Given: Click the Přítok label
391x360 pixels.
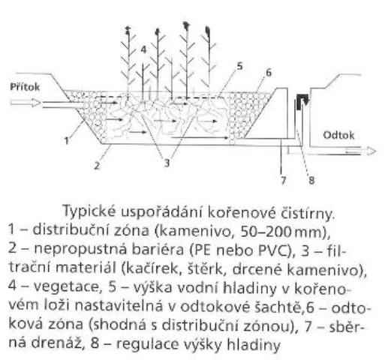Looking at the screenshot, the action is coord(25,87).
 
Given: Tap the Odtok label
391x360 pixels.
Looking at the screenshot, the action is coord(338,135).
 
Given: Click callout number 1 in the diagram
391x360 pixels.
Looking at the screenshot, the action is coord(66,140).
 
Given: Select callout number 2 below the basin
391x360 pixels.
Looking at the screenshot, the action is coord(97,165).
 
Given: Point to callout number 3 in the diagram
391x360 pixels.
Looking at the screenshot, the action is coord(167,163).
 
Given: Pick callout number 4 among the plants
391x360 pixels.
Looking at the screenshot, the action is coord(143,49).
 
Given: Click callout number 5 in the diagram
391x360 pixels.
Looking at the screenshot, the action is coord(239,67).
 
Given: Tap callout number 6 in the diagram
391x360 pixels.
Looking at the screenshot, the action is coord(269,73).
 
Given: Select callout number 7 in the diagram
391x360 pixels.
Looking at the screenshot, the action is coord(284,180).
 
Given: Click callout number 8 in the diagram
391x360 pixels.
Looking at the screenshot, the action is coord(311,180).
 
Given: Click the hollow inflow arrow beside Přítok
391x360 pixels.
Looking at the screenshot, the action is coord(25,103).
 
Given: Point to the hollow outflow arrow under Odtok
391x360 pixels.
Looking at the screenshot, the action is coord(361,151).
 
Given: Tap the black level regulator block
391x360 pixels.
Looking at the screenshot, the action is coord(302,101).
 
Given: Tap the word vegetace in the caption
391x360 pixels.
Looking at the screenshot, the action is coord(65,287).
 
